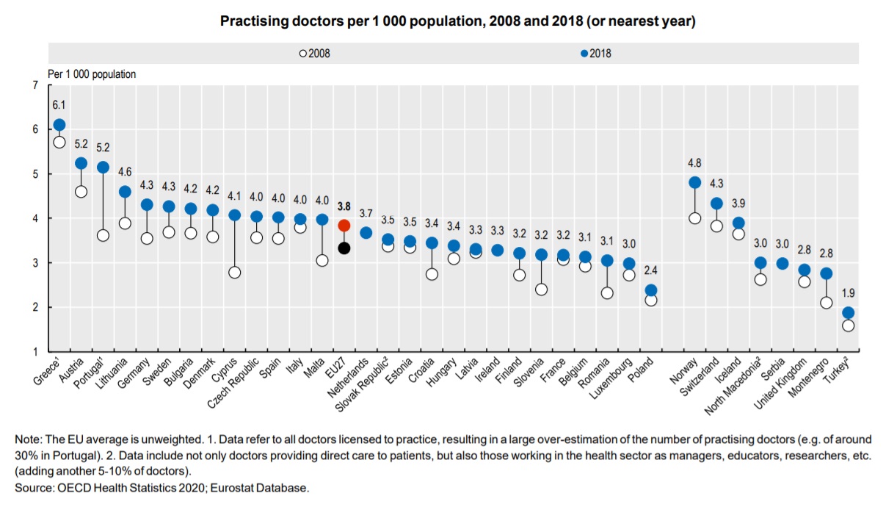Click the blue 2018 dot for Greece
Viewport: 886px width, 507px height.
click(59, 125)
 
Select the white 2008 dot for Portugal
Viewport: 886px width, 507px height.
click(103, 235)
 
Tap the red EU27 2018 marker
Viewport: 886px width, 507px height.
click(344, 226)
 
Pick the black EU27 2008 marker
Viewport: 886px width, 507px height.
click(344, 248)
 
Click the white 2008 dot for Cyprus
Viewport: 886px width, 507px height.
click(235, 273)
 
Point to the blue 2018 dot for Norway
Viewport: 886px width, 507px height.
click(694, 182)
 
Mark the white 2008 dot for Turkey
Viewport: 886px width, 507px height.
click(848, 326)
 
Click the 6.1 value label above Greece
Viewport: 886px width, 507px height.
click(59, 105)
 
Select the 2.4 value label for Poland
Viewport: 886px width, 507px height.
click(651, 270)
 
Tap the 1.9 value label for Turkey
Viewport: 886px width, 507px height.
click(848, 292)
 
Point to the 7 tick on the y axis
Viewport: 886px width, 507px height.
click(35, 86)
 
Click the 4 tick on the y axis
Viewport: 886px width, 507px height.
click(35, 219)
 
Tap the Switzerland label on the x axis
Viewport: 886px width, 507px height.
click(702, 377)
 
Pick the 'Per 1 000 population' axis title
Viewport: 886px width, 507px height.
click(92, 74)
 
